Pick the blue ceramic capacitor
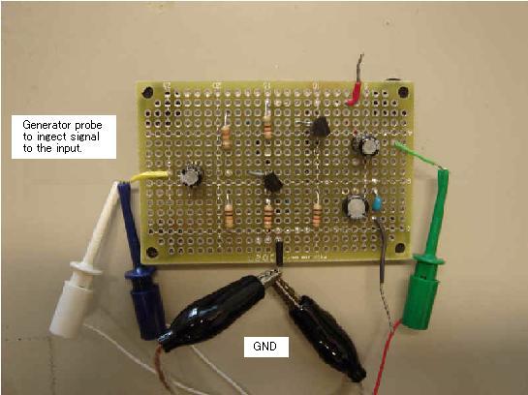tap(377, 203)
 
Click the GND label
tap(265, 347)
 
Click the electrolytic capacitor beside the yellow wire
tap(191, 175)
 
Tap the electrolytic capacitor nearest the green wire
tap(365, 145)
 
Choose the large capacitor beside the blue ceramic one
tap(356, 207)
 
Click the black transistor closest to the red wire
tap(320, 127)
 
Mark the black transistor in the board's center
tap(272, 182)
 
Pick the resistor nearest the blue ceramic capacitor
tap(317, 215)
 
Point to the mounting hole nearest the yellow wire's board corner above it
tap(147, 92)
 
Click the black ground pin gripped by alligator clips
tap(279, 253)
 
